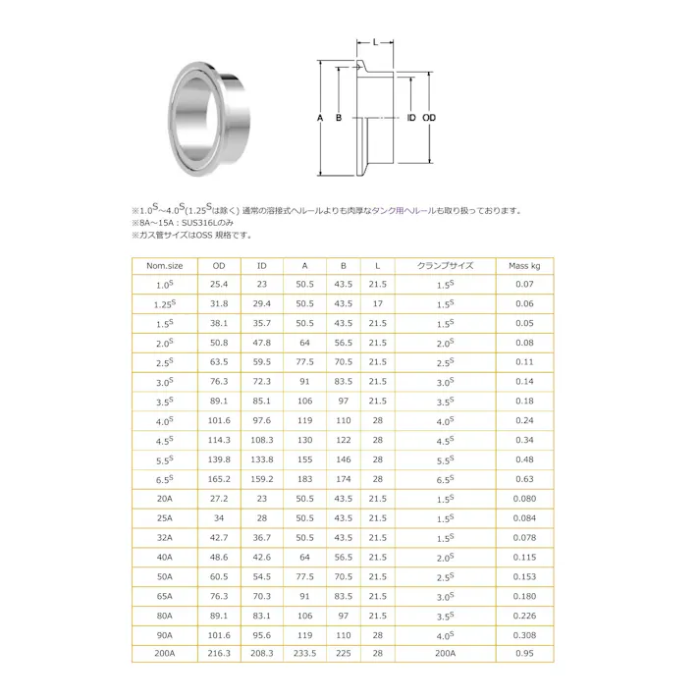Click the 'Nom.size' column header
(164, 266)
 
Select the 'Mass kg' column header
(524, 266)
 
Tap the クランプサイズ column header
(445, 266)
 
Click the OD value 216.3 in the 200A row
(219, 653)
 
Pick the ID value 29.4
(261, 303)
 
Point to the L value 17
(377, 303)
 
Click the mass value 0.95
(524, 653)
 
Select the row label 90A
(164, 635)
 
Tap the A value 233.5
(304, 653)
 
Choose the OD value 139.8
(219, 459)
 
